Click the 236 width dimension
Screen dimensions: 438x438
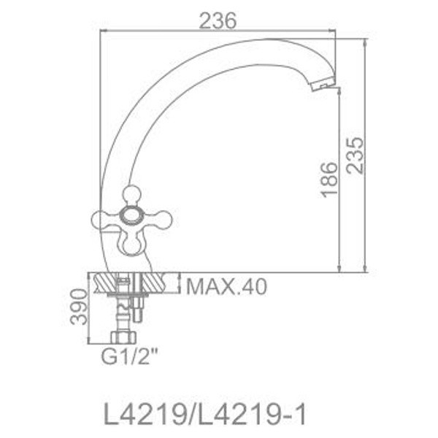[x=218, y=22]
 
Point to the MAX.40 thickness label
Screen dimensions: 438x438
[x=226, y=285]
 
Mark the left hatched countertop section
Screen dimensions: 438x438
[x=103, y=283]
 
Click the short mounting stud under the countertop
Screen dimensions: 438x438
[x=137, y=310]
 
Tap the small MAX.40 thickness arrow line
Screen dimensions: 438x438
[x=179, y=283]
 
